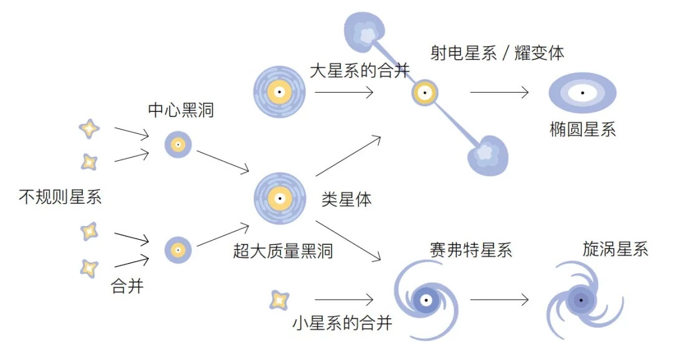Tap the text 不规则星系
pos(60,198)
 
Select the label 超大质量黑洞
pos(283,251)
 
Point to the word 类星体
pos(346,199)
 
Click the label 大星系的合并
pos(360,70)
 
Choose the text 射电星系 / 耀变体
pos(497,53)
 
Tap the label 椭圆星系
pos(583,130)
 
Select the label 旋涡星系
pos(615,250)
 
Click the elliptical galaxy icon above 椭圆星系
pos(582,93)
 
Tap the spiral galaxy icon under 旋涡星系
pos(581,301)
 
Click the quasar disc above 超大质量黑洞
pos(280,199)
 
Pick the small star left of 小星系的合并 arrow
pos(279,300)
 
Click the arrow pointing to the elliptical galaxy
pos(499,93)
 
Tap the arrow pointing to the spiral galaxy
pos(499,300)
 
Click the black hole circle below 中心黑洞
pos(178,144)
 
